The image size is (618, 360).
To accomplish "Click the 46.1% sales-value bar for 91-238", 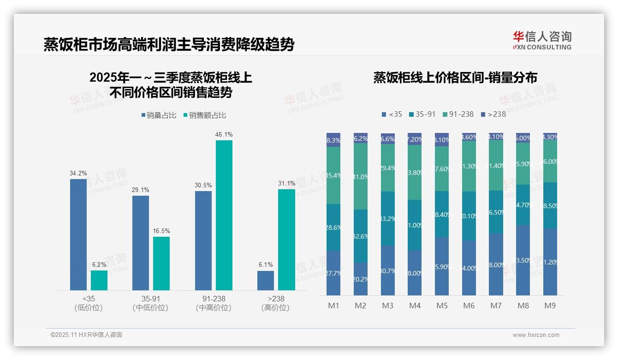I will coord(224,215).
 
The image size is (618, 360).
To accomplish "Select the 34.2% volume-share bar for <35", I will coord(78,234).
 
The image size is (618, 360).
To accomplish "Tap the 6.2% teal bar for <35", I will coord(99,280).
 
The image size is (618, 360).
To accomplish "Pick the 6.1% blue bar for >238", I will coord(266,281).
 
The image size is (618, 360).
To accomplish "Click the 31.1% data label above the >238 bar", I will coord(286,183).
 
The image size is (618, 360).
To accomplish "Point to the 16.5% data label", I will coord(161,231).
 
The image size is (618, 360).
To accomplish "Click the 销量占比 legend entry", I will coord(159,115).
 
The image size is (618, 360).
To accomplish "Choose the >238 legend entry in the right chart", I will coord(493,114).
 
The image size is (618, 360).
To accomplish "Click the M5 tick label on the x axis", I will coord(442,306).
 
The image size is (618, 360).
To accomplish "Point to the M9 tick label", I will coord(550,306).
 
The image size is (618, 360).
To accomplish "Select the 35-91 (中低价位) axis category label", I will coord(150,303).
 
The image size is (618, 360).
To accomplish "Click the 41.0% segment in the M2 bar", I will coord(361,176).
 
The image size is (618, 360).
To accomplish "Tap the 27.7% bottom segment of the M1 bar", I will coord(333,273).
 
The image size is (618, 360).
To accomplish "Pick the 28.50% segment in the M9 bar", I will coord(550,205).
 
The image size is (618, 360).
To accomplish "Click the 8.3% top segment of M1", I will coord(333,140).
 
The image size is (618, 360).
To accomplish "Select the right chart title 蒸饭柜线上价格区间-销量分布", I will coord(455,78).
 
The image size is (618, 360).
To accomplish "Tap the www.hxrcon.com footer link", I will coord(536,335).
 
